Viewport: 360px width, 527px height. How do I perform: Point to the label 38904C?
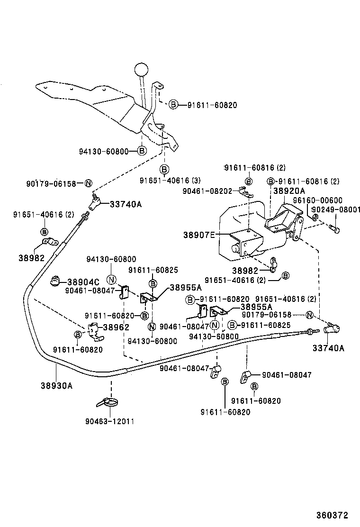83,282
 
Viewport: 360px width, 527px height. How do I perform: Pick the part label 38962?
116,327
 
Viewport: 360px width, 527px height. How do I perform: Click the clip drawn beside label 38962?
95,330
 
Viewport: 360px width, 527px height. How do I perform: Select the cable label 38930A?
56,385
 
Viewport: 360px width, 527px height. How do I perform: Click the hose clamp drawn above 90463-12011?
109,403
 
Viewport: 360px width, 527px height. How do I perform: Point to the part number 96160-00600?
317,200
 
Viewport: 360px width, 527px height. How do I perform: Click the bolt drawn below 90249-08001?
334,228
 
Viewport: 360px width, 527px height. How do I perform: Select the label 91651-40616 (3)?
164,180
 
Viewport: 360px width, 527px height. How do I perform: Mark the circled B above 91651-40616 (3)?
164,169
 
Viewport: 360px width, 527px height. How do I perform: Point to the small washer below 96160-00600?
315,217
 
